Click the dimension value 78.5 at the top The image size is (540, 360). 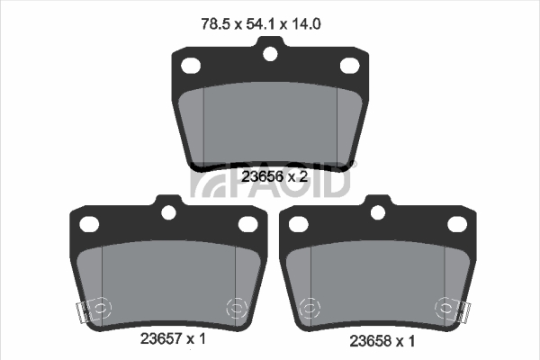coord(215,24)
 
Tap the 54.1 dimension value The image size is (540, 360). coord(261,24)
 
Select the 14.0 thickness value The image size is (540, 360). coord(306,24)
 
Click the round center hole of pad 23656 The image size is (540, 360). coord(270,54)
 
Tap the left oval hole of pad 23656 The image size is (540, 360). coord(191,66)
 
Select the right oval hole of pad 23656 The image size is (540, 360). coord(350,66)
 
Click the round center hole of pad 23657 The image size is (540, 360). coord(169,212)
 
